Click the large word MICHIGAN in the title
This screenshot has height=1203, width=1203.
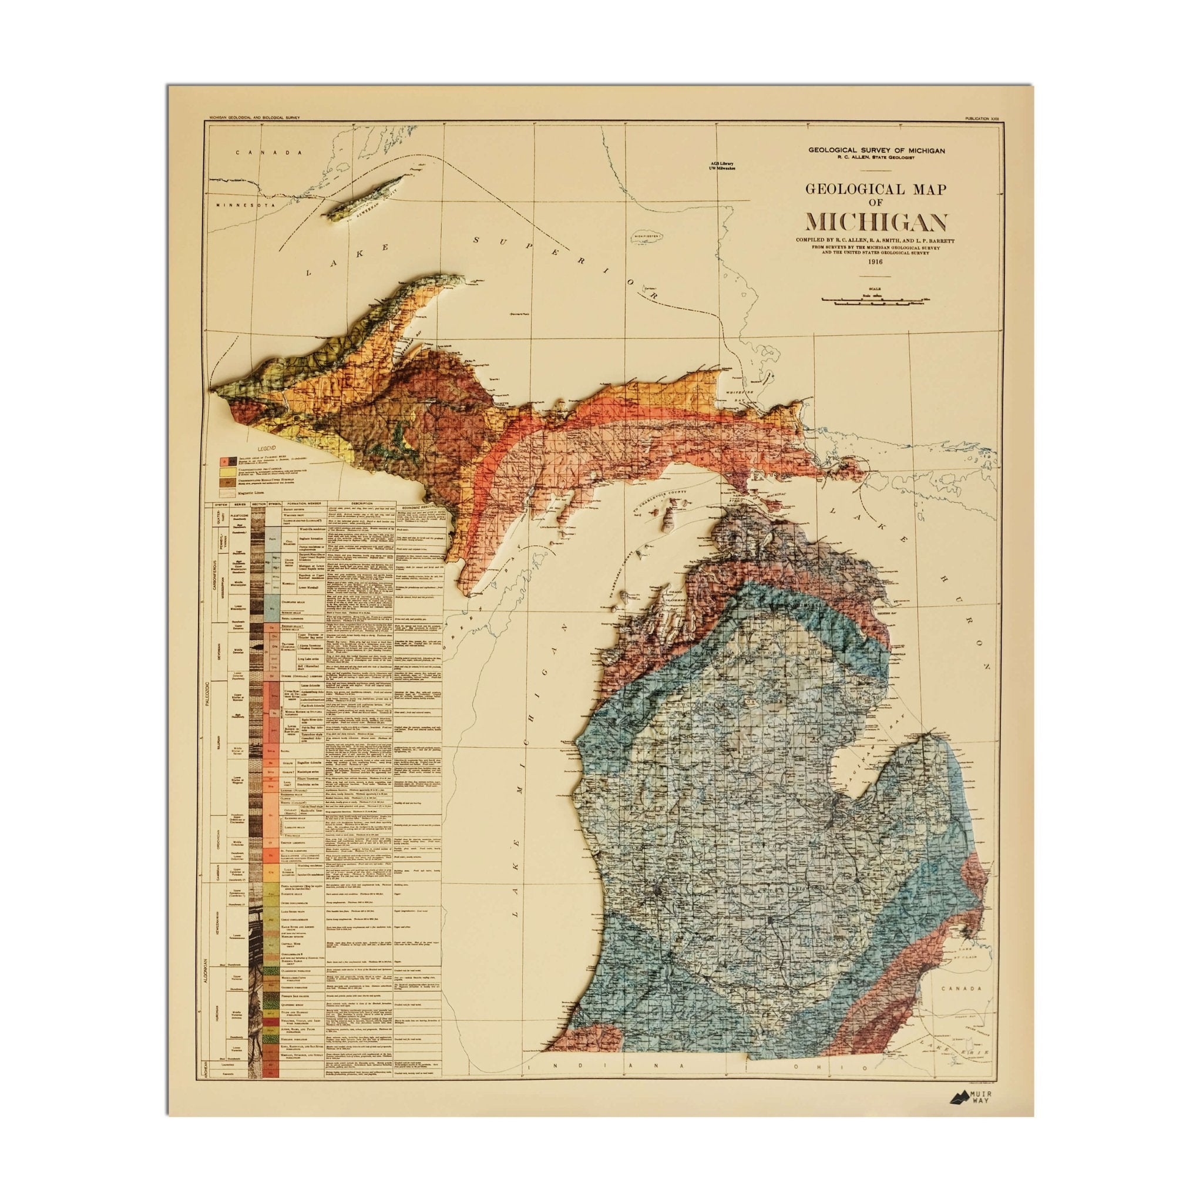click(876, 222)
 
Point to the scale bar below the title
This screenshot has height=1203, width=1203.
click(875, 301)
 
